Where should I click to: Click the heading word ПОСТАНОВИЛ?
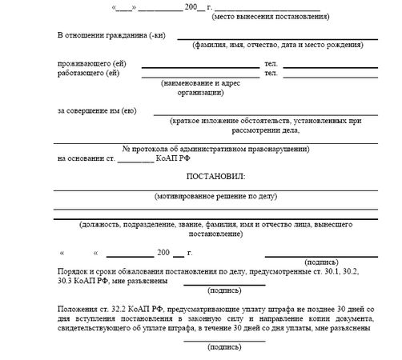(216, 175)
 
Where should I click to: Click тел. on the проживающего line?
(271, 64)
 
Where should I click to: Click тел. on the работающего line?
(271, 74)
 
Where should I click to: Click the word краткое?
(187, 121)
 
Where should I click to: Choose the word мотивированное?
(190, 194)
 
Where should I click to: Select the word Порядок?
(76, 272)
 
